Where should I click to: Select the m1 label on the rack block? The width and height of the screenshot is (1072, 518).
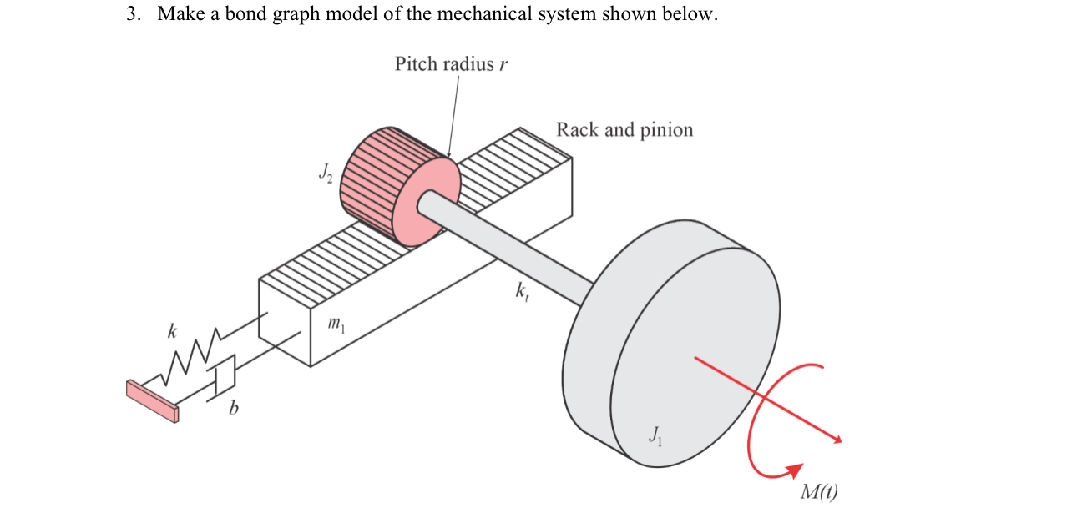(x=334, y=323)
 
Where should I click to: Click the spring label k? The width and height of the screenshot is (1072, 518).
(x=172, y=332)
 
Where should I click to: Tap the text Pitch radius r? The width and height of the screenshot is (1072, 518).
(x=451, y=64)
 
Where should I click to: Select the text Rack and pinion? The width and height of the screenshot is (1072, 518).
(x=624, y=130)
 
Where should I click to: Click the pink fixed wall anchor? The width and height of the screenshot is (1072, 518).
(x=152, y=400)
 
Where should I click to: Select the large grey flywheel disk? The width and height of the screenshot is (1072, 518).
(x=676, y=334)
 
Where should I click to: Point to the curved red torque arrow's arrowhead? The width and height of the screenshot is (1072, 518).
(x=792, y=470)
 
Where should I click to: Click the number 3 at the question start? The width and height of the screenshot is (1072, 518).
(x=132, y=15)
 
